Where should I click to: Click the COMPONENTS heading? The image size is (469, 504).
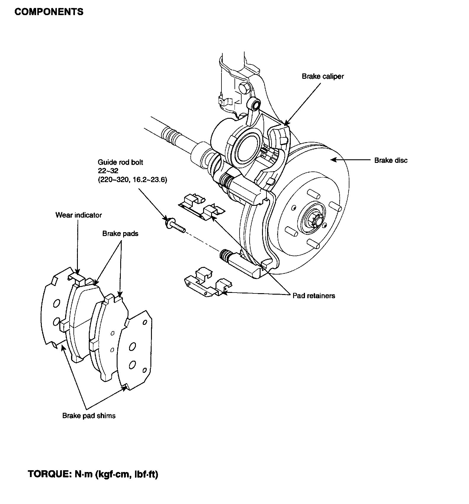pos(49,12)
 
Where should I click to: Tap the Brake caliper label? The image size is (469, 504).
pos(323,76)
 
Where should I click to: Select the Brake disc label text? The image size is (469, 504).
pos(391,160)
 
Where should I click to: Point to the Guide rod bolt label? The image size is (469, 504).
pos(121,162)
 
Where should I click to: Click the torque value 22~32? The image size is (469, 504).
pos(108,171)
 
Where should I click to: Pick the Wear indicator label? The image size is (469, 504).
pos(78,215)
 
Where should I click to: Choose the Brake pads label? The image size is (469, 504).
pos(120,234)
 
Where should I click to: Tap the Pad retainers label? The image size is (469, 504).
pos(314,296)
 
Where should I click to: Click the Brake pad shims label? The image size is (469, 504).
pos(89,416)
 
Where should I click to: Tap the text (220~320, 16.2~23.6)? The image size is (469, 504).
pos(132,180)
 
